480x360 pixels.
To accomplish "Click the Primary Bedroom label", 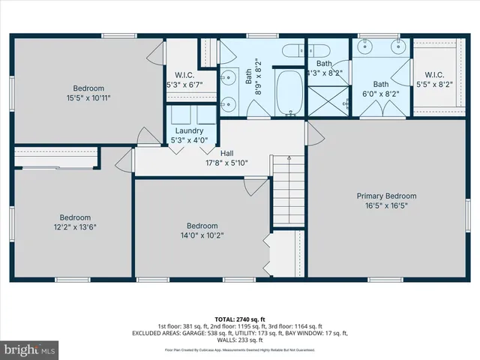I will (386, 196).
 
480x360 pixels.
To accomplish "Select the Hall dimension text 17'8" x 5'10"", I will (226, 163).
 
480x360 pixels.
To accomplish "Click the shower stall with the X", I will (329, 98).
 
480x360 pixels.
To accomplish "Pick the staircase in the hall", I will (287, 194).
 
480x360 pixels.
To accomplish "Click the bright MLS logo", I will (30, 349).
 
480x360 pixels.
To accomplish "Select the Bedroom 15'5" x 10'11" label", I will (88, 88).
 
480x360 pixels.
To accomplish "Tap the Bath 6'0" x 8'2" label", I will (382, 84).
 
